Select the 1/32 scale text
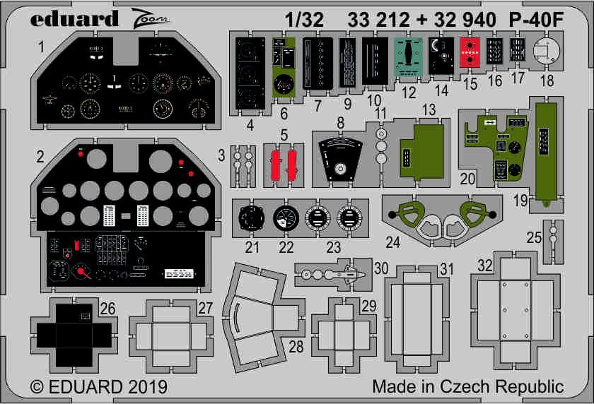pyautogui.click(x=303, y=20)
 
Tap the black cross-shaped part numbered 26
pyautogui.click(x=74, y=334)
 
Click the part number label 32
pyautogui.click(x=484, y=266)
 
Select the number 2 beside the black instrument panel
pyautogui.click(x=40, y=156)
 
